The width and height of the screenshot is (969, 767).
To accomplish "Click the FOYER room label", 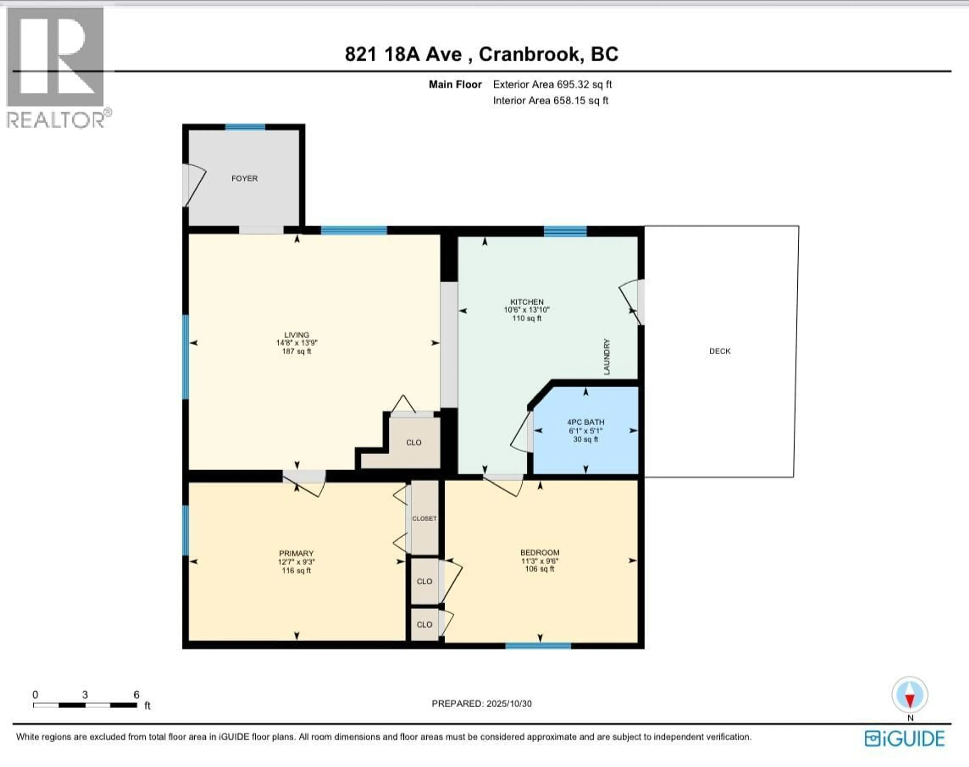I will coord(244,178).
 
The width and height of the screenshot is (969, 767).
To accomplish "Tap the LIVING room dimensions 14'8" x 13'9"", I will coord(297,343).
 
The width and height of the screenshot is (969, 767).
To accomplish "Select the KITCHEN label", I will coord(526,302).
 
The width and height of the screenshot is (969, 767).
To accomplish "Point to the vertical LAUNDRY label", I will coord(607,357).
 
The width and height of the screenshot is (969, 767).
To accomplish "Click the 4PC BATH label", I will coord(585,422).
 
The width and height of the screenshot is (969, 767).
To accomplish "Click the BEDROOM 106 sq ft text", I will coord(540,569).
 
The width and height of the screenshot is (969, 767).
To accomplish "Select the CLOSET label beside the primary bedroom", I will coord(424,518).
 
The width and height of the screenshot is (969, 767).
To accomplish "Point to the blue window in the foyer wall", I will coord(245,127).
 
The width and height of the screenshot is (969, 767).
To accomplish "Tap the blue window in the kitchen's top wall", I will coord(565,231).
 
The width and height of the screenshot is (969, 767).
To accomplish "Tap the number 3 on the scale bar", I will coord(85,695).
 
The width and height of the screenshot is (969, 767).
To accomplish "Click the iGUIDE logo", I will coord(905,739).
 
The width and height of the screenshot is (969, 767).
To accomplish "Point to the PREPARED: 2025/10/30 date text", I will coord(481,704).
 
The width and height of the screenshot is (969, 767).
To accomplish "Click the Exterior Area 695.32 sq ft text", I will coord(552,84).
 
